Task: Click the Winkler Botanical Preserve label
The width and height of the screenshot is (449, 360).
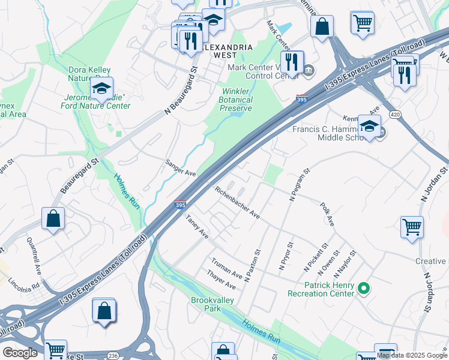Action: [x=234, y=100]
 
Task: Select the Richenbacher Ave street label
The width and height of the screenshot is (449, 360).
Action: [x=237, y=202]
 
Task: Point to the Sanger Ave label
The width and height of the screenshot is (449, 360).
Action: [x=181, y=168]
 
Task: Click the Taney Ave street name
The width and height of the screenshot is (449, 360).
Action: [x=196, y=227]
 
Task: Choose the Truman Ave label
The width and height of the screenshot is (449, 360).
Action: [x=226, y=269]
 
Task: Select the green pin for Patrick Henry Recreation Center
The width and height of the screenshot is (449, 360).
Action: [x=363, y=289]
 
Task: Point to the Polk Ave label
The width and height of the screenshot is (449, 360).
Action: [x=327, y=214]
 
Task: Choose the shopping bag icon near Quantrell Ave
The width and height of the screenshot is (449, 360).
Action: [x=53, y=218]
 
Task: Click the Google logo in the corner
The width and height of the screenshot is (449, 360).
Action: [x=20, y=352]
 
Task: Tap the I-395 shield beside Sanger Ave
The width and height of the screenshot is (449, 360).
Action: [x=180, y=205]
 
